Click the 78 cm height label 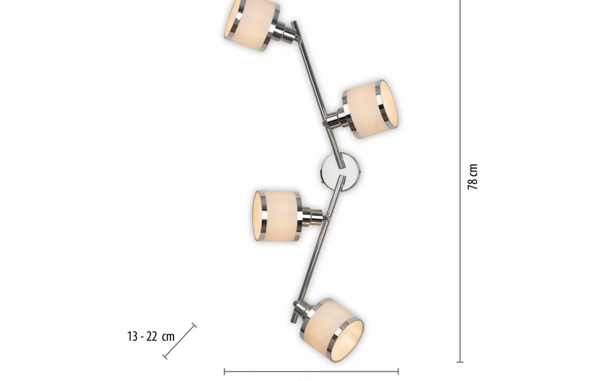click(473, 177)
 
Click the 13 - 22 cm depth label click(151, 336)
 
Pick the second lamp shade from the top click(370, 109)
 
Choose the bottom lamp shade click(332, 330)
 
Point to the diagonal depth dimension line click(179, 341)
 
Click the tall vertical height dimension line click(460, 181)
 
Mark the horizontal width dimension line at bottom click(311, 372)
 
